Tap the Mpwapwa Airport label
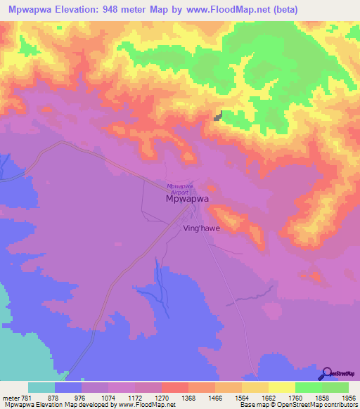tap(181, 188)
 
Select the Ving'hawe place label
tap(201, 228)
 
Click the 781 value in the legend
tap(26, 396)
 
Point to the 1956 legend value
tap(340, 396)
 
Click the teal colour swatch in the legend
tap(41, 387)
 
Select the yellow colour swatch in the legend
tap(281, 387)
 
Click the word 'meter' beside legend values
tap(10, 396)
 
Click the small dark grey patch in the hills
tap(219, 116)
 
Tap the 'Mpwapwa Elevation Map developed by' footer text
tap(51, 405)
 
